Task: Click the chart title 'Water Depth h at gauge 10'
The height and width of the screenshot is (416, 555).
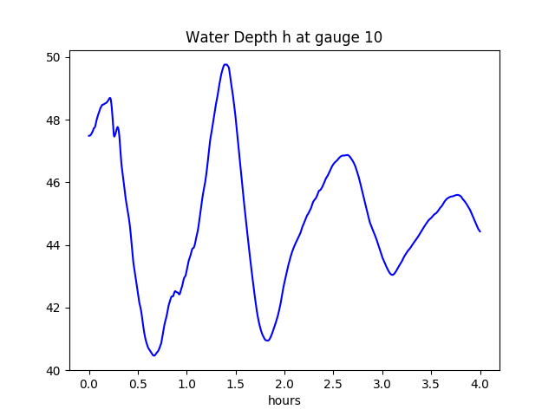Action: point(284,37)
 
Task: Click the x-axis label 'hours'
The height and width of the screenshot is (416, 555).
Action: point(284,401)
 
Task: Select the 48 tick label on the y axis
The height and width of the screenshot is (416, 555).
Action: point(54,120)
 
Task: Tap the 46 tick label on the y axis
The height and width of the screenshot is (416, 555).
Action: point(54,183)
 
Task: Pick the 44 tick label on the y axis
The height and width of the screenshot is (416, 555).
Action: point(54,245)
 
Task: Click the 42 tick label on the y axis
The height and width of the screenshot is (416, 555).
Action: point(54,308)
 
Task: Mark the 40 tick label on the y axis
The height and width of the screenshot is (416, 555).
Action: point(54,371)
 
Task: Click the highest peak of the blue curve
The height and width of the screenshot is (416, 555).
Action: point(225,64)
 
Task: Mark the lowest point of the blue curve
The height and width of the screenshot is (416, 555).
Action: point(153,355)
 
